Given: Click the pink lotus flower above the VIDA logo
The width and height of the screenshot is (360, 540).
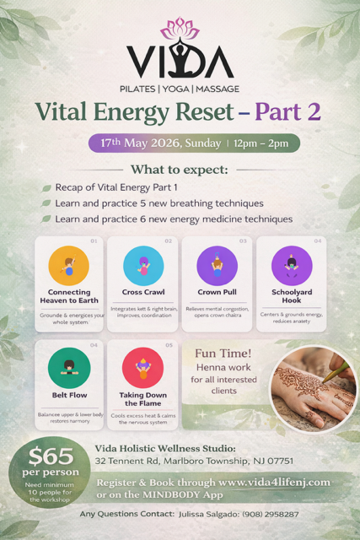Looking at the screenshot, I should [180, 27].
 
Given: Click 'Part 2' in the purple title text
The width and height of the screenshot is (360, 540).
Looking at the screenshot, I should [282, 111].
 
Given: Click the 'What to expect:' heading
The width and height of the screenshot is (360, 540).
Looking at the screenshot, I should [180, 169].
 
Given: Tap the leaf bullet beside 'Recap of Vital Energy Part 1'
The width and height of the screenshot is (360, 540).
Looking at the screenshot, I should [47, 187].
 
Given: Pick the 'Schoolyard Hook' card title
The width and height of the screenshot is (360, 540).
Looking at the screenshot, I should [292, 295].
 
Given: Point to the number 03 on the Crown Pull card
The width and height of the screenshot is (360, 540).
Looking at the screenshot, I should [243, 241].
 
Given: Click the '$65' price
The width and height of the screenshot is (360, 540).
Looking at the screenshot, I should [49, 456].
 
